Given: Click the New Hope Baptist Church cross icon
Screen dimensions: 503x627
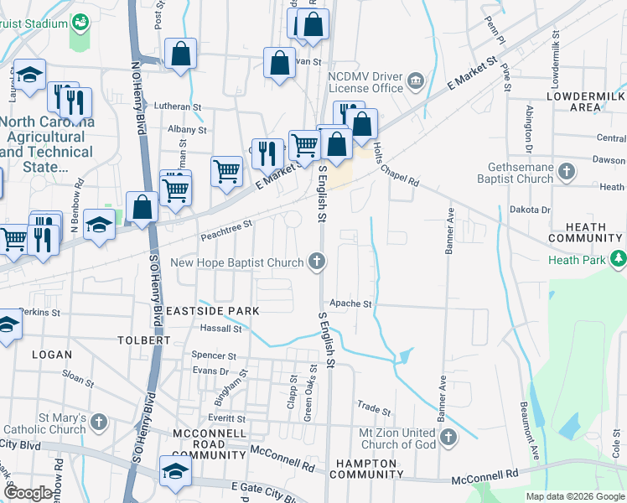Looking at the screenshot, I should [x=318, y=262].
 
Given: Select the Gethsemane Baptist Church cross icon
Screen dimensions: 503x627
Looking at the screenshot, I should [x=567, y=172].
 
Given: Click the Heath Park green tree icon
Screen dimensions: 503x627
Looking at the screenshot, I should [x=619, y=259].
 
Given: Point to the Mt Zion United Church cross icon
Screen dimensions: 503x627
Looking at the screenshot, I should [x=448, y=437].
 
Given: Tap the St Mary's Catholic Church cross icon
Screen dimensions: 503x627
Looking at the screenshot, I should [x=99, y=422].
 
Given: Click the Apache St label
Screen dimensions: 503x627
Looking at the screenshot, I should [x=350, y=303].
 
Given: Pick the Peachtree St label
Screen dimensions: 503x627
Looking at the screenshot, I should [x=226, y=230].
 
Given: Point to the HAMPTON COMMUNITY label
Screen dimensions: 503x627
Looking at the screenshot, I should [x=366, y=469].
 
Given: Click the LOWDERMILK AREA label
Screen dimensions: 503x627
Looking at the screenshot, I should [x=584, y=102].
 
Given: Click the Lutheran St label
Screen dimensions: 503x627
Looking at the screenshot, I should [x=179, y=107].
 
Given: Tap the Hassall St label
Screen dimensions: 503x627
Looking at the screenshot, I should [x=220, y=329].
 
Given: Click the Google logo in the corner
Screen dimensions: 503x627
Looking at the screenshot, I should [x=28, y=493].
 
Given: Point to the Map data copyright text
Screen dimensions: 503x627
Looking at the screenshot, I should [x=575, y=496].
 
